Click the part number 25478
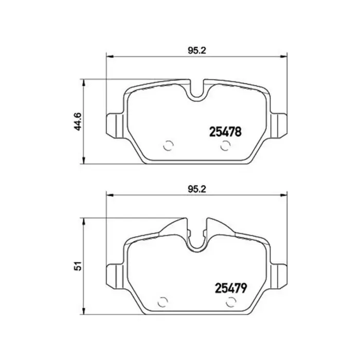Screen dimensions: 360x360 pos(225,132)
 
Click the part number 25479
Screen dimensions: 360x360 pos(231,288)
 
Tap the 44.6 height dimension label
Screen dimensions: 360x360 pos(78,122)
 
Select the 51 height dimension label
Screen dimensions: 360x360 pos(79,266)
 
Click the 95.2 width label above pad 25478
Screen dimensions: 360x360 pos(197,50)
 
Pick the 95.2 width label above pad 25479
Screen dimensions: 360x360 pos(197,189)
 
